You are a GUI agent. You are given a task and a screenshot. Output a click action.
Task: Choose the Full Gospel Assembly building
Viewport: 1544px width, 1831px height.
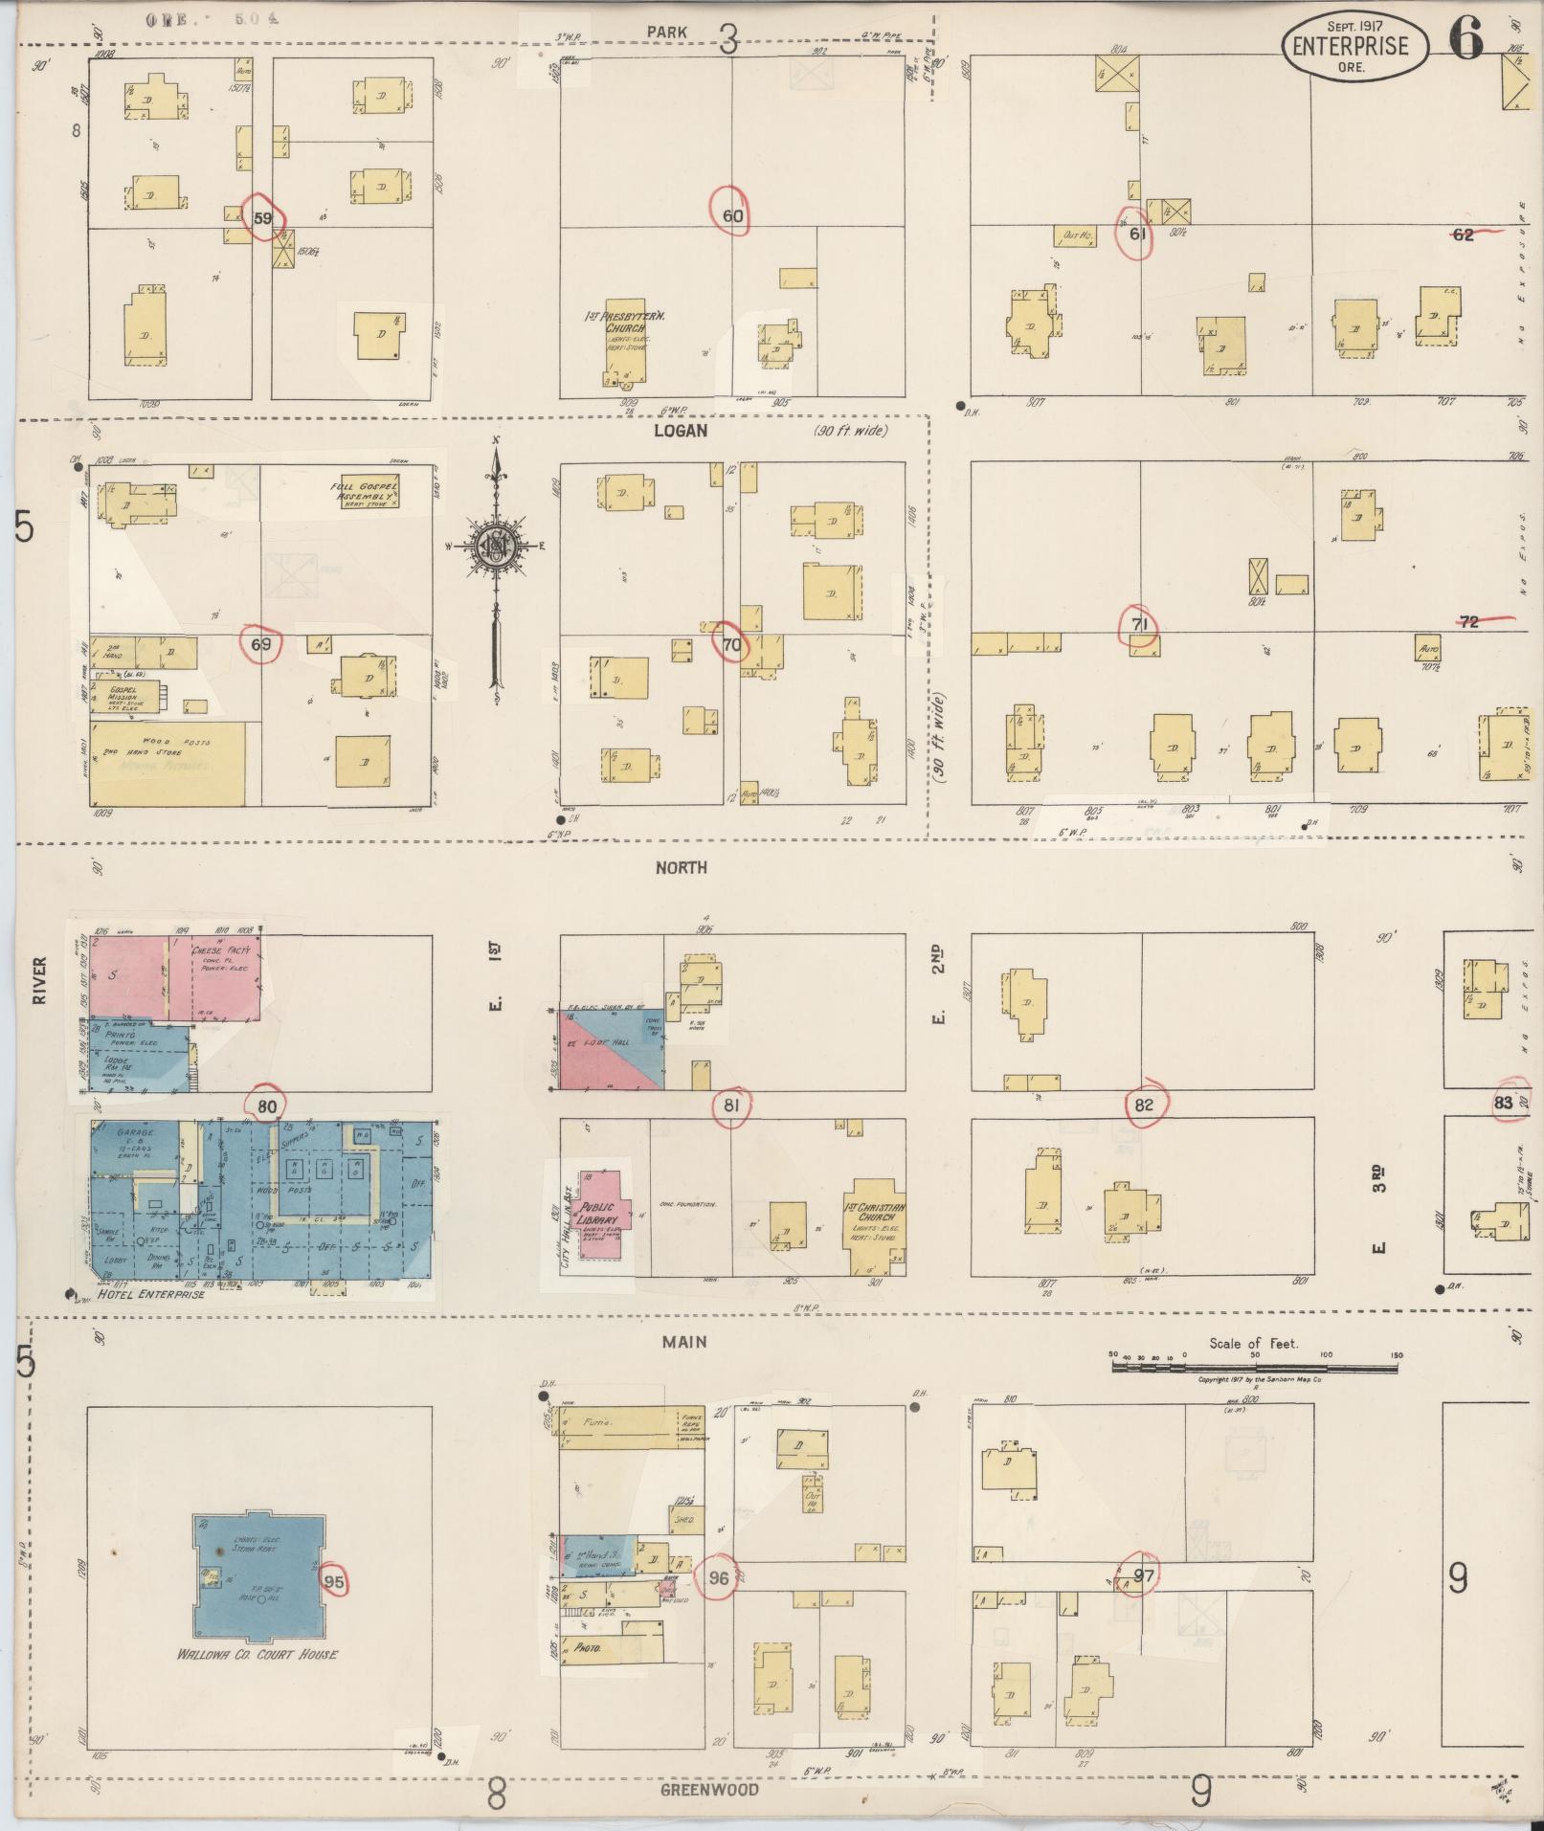(x=364, y=493)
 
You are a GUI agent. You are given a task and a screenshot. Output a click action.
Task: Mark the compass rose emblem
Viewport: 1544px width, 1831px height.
(x=496, y=547)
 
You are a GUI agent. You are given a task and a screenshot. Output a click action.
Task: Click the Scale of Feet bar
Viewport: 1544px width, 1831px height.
(x=1254, y=1369)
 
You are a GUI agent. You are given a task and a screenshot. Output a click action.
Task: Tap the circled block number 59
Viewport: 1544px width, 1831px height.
(x=262, y=217)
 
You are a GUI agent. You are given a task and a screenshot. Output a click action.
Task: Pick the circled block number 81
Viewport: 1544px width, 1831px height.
(x=732, y=1105)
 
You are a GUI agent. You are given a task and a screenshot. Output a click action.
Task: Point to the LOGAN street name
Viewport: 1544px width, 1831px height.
(x=681, y=431)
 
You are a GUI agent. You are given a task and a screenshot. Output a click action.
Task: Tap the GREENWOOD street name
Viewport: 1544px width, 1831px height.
(x=708, y=1790)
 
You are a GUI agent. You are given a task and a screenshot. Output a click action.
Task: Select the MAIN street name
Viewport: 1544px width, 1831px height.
(x=684, y=1342)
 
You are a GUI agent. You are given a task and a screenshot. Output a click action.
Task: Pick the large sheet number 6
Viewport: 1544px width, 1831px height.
(x=1466, y=38)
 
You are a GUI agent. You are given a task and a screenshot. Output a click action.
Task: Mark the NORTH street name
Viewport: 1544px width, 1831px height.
(x=681, y=867)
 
